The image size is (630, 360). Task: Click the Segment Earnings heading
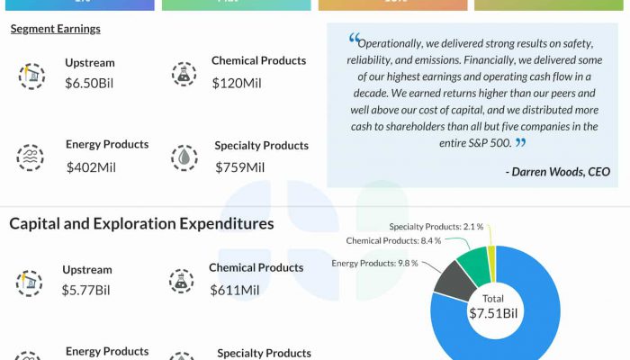click(55, 29)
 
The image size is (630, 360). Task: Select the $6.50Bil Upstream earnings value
click(89, 83)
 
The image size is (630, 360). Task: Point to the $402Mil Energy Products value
click(92, 166)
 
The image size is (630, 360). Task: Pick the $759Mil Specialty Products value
click(239, 166)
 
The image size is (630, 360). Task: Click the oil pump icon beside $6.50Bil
click(31, 76)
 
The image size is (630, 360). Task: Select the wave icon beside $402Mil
click(31, 157)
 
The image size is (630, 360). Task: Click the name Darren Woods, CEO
click(558, 171)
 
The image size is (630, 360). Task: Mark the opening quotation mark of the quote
click(353, 40)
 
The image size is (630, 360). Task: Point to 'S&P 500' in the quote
click(487, 142)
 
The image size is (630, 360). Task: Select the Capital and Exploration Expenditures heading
click(141, 223)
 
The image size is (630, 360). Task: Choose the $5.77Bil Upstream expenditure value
click(85, 290)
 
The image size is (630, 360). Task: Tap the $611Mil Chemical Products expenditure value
click(235, 290)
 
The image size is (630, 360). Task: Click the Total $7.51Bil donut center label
click(493, 307)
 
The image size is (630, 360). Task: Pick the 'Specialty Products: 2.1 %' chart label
click(436, 227)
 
